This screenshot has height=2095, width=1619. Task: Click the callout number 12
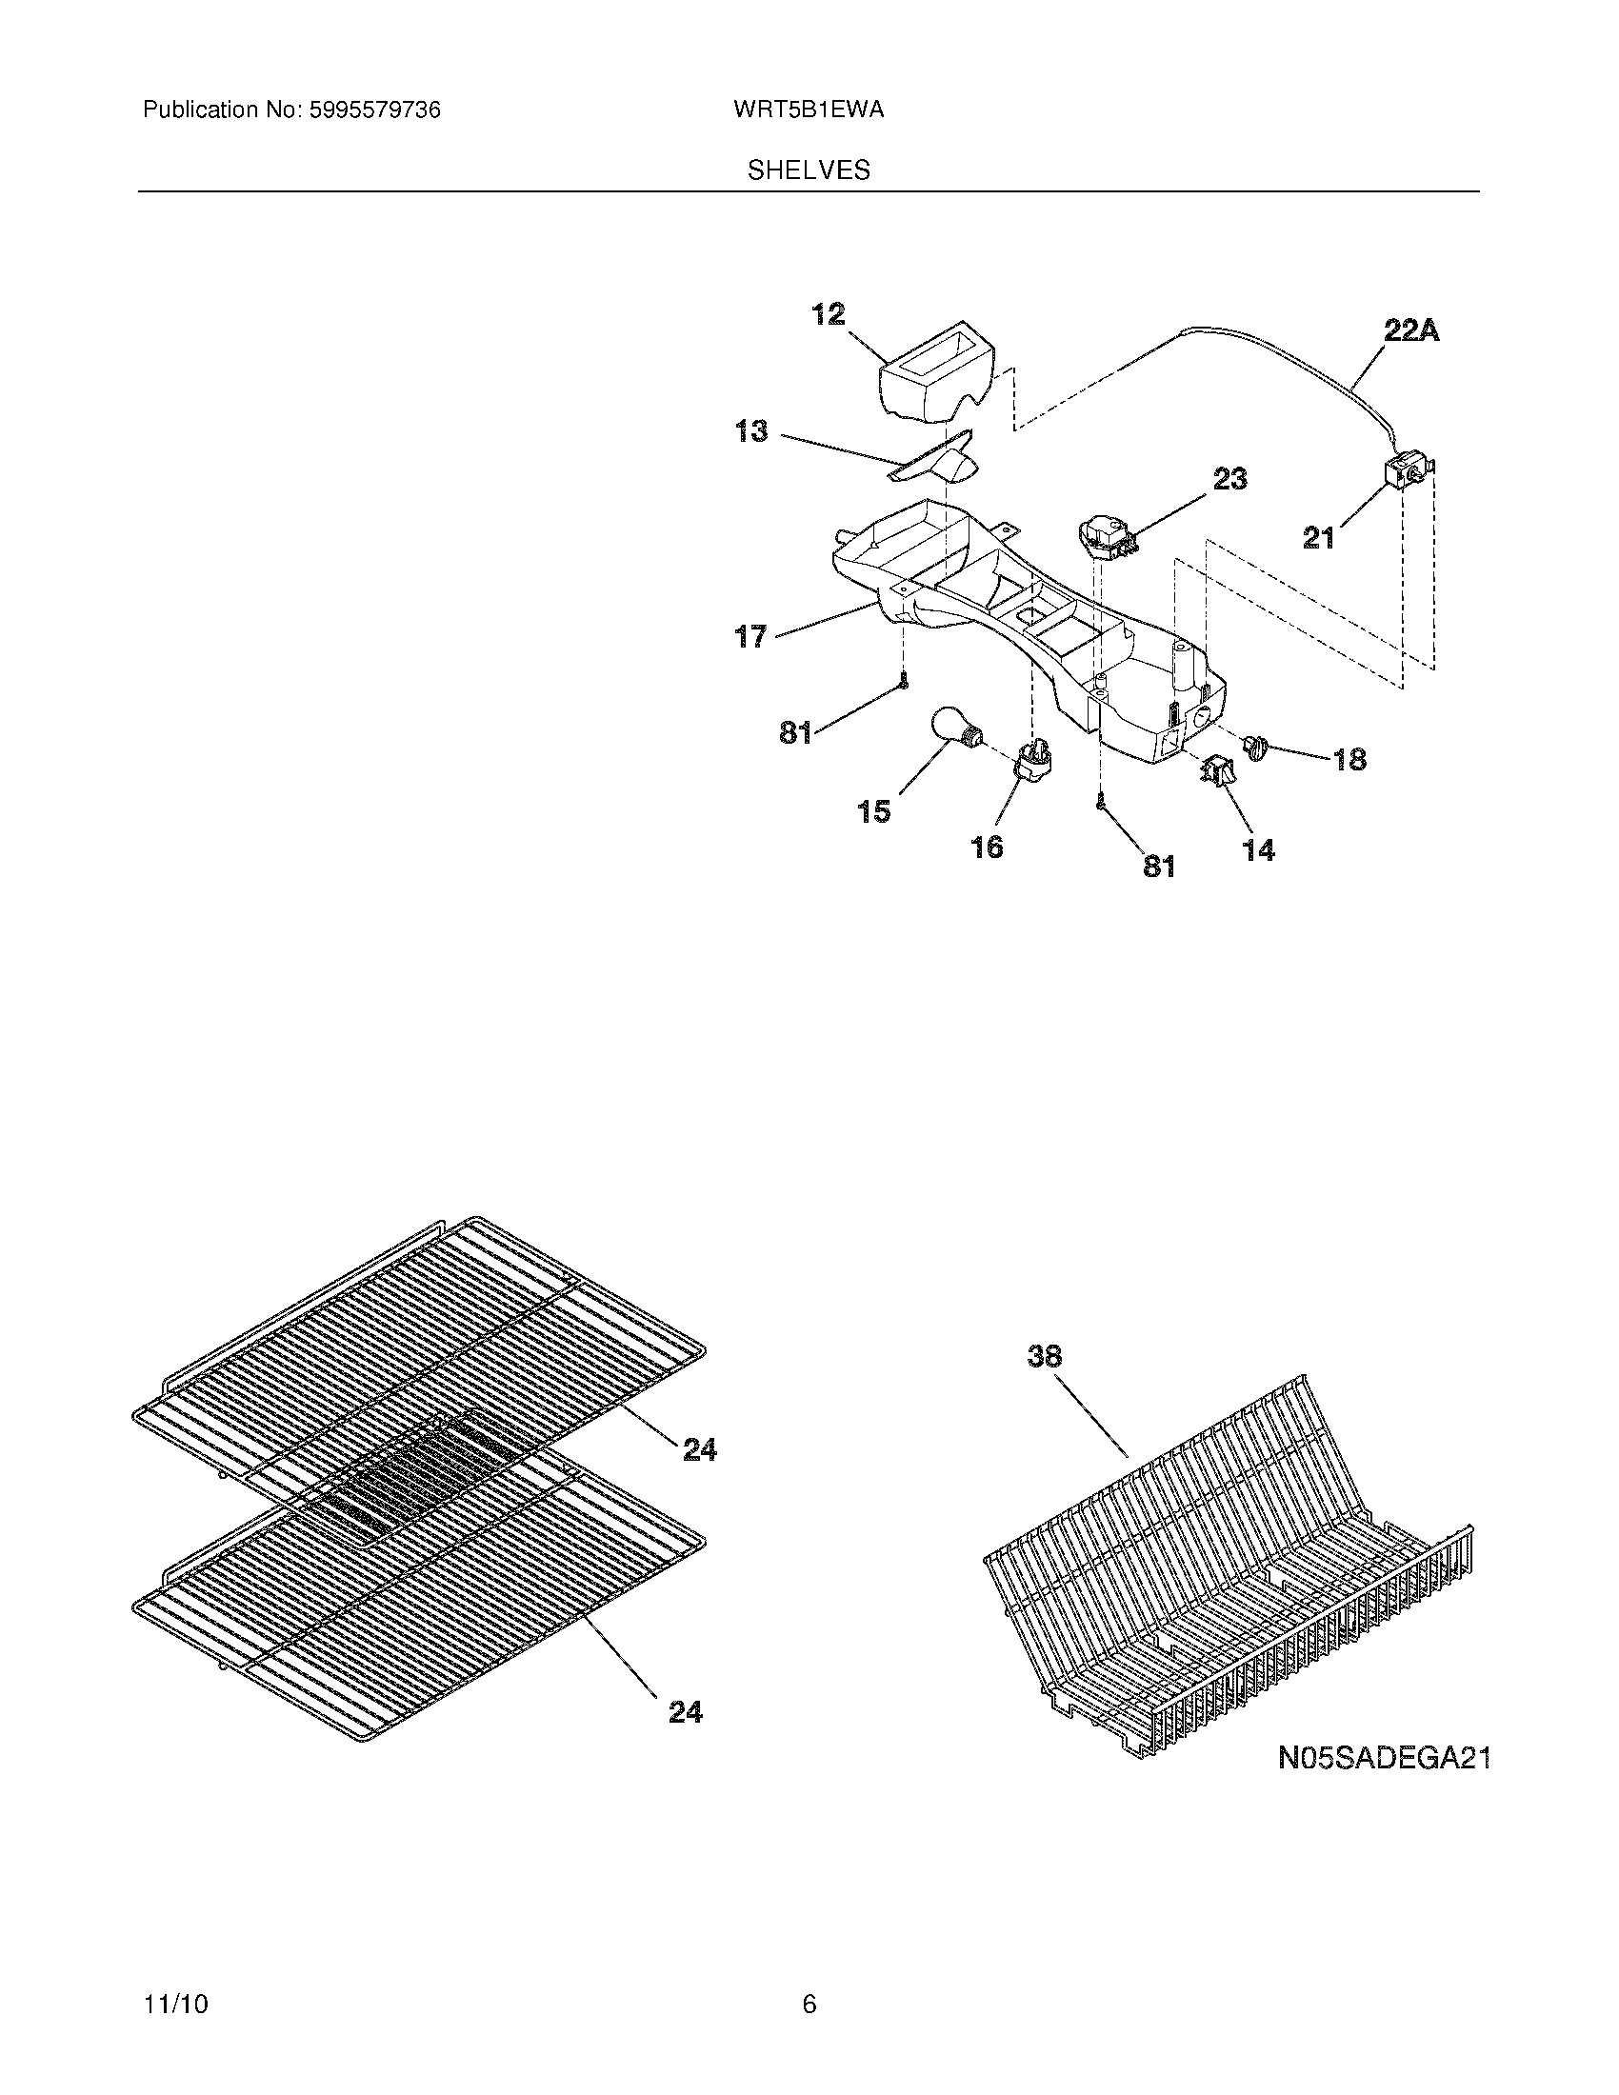(x=829, y=313)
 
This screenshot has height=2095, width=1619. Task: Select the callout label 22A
(x=1410, y=331)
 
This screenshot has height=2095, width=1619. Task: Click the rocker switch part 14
(x=1217, y=770)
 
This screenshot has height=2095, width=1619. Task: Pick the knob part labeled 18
(x=1255, y=747)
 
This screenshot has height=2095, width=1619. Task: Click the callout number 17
(x=751, y=635)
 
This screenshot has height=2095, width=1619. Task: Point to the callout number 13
(x=752, y=431)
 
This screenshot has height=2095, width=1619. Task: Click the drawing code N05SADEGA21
(x=1384, y=1757)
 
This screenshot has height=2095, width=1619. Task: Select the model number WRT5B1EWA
(x=808, y=110)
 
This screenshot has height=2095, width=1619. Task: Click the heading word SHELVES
(x=809, y=170)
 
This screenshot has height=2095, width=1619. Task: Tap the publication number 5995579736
(x=374, y=110)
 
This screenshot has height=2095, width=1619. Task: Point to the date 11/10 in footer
(x=175, y=1977)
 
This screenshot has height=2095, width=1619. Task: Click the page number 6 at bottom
(x=809, y=1977)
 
